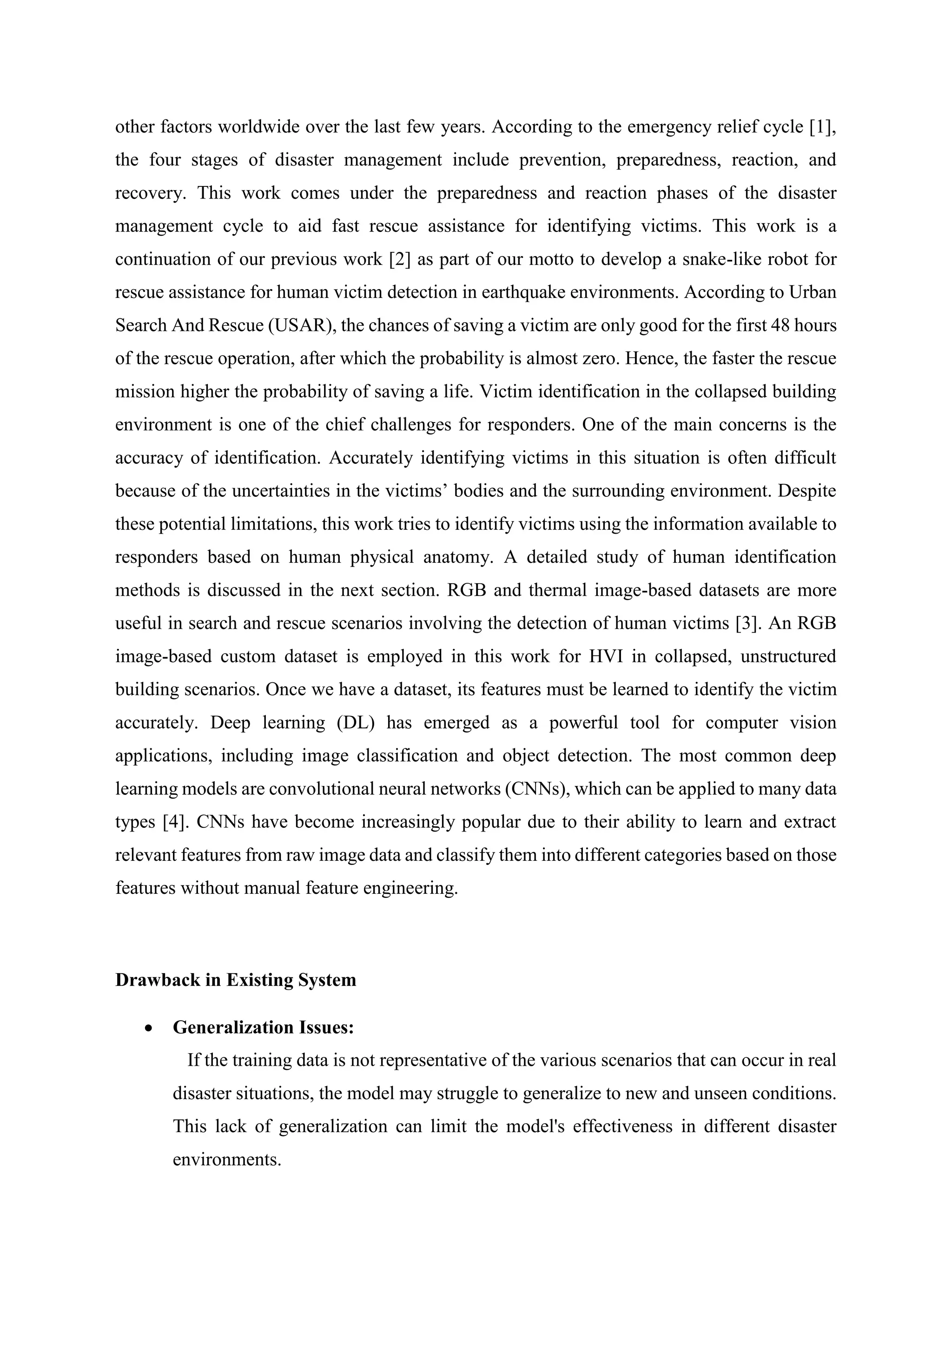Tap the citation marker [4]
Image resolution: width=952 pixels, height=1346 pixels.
[x=174, y=822]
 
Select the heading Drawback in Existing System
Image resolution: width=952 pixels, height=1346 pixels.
[x=236, y=980]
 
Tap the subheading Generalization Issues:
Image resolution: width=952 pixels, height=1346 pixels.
[x=263, y=1028]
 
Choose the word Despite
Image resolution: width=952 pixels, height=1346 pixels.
[x=807, y=491]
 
